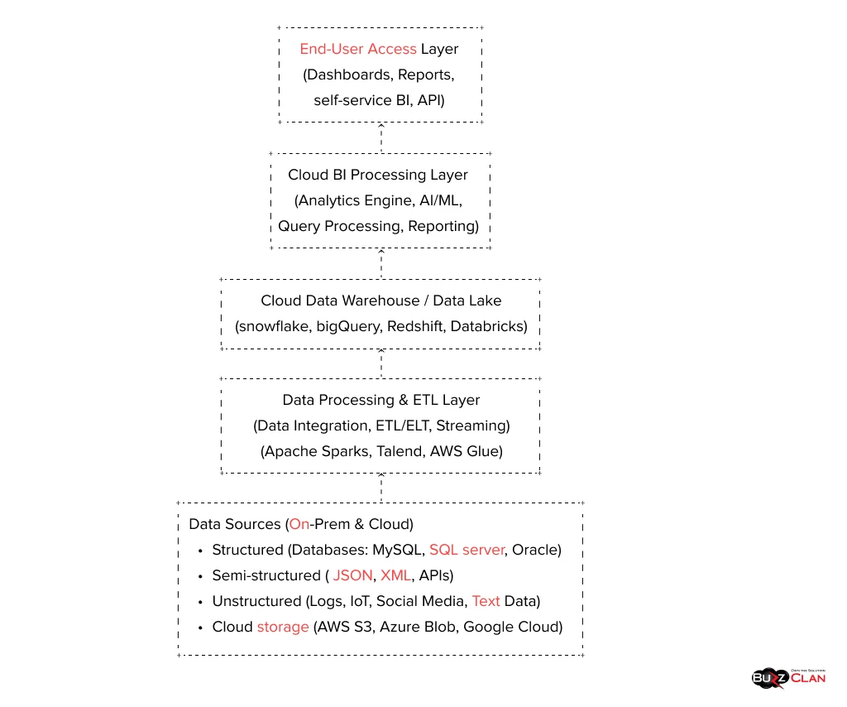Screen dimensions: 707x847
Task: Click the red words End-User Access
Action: (357, 49)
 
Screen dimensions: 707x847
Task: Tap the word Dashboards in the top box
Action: (348, 75)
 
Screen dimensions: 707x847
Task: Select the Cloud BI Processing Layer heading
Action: (378, 175)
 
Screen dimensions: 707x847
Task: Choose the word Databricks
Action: (486, 326)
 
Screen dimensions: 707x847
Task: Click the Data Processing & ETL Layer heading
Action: (380, 400)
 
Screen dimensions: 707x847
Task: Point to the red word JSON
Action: (352, 575)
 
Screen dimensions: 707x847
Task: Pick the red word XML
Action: (395, 575)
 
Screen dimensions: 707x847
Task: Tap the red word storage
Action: (283, 627)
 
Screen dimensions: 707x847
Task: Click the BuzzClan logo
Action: (788, 677)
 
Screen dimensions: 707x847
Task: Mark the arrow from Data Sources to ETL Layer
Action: (380, 487)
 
